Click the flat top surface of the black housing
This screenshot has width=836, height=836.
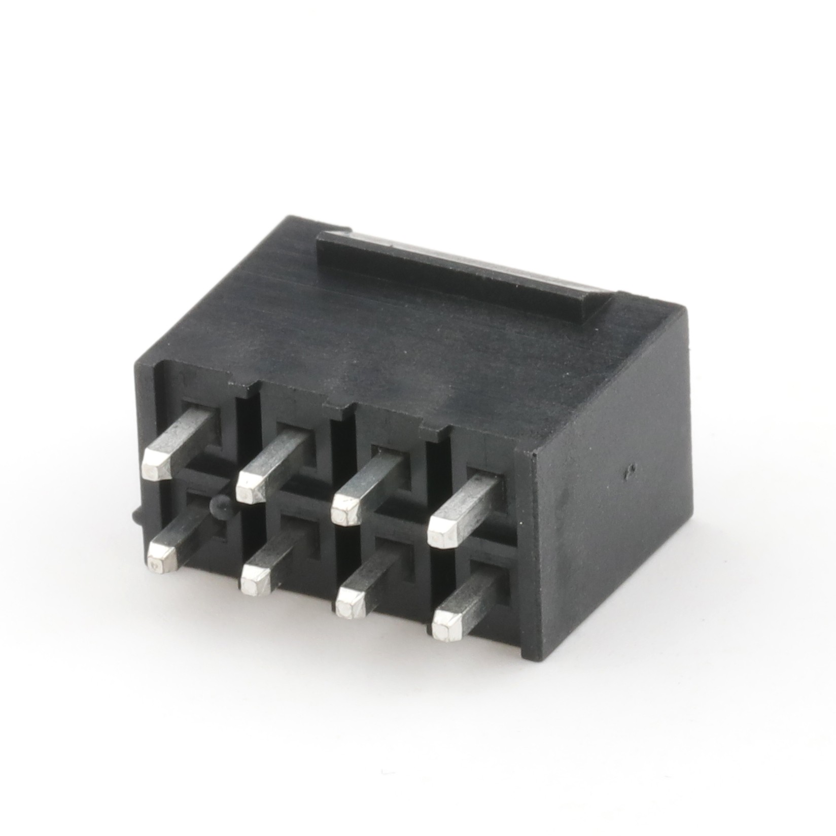[355, 335]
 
